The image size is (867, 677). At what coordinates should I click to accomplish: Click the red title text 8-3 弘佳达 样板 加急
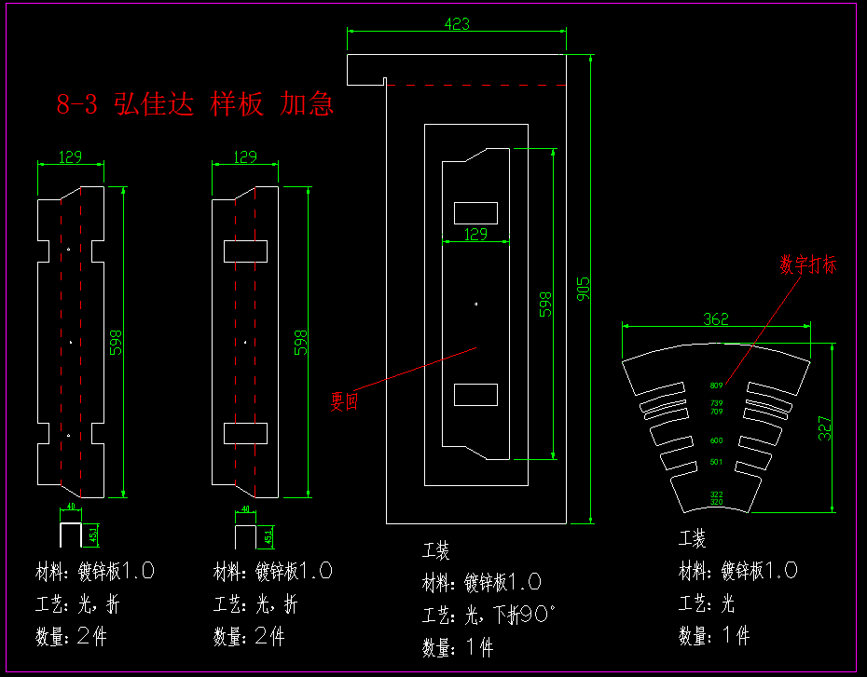click(195, 103)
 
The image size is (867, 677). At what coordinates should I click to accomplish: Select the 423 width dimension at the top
click(457, 24)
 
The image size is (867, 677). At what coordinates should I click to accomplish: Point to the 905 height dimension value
click(584, 290)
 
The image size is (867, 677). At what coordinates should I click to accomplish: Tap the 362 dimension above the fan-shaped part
click(716, 318)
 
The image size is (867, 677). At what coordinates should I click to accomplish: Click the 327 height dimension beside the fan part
click(826, 427)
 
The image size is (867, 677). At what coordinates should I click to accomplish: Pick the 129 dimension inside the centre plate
click(475, 235)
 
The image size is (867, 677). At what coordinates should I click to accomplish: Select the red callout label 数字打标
click(808, 264)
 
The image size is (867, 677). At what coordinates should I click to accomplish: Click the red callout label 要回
click(344, 401)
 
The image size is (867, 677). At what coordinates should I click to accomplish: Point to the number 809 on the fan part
click(716, 386)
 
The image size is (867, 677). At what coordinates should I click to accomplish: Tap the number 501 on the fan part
click(716, 462)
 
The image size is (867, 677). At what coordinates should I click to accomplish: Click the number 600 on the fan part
click(716, 440)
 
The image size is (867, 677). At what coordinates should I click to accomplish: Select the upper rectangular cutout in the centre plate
click(475, 212)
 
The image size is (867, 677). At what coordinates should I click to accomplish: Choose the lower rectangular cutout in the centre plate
click(475, 394)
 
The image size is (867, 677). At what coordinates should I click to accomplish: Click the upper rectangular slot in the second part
click(245, 250)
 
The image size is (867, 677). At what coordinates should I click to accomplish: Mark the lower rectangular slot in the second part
click(245, 433)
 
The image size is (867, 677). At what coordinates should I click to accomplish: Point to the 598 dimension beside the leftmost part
click(117, 342)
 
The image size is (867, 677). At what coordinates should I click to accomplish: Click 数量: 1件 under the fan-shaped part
click(714, 637)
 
